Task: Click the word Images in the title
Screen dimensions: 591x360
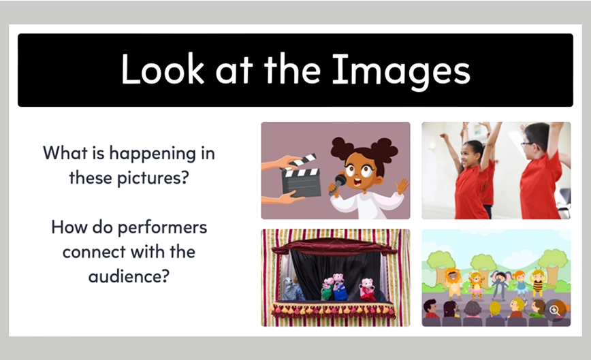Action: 401,70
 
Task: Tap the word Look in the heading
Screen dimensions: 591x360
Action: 163,69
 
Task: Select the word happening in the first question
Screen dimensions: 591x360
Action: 153,154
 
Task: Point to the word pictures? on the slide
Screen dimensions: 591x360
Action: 153,178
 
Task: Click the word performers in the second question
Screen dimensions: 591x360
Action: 163,228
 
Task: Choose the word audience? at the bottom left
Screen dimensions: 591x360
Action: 129,276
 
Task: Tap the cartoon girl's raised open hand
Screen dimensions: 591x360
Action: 402,186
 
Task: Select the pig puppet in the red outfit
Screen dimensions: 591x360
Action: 367,290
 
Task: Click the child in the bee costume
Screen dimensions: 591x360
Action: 538,282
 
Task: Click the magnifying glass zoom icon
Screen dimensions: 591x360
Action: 554,310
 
